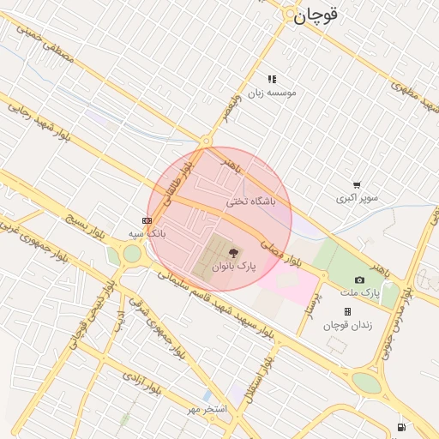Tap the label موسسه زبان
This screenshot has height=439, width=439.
[272, 92]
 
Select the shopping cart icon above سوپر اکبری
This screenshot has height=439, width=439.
[357, 184]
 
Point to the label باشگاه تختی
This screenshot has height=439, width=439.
[251, 201]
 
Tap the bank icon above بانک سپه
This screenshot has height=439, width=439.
[147, 219]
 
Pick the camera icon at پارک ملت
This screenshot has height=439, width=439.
[359, 280]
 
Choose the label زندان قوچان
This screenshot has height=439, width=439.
[345, 325]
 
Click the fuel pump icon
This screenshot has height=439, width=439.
[401, 426]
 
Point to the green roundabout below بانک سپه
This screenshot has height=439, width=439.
[131, 254]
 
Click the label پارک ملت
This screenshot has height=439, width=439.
[365, 293]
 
